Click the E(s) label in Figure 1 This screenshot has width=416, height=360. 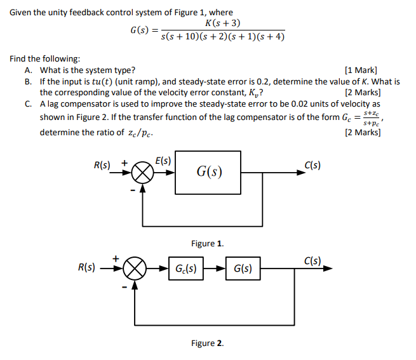pyautogui.click(x=163, y=161)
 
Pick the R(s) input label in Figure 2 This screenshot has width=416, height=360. pyautogui.click(x=86, y=267)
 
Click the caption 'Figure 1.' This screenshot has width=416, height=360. pyautogui.click(x=207, y=243)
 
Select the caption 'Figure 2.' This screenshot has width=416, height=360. pyautogui.click(x=207, y=343)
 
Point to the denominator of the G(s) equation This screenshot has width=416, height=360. pyautogui.click(x=223, y=37)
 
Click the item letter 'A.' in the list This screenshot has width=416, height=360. pyautogui.click(x=29, y=70)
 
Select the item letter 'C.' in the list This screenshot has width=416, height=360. pyautogui.click(x=29, y=103)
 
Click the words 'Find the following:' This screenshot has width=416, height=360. pyautogui.click(x=44, y=59)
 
